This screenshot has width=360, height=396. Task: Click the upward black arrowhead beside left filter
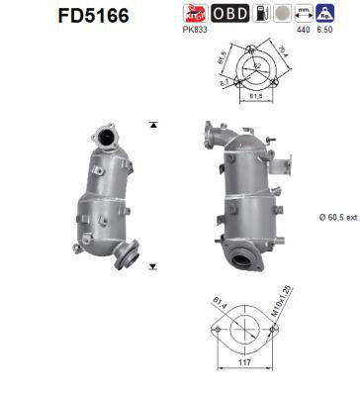pyautogui.click(x=152, y=126)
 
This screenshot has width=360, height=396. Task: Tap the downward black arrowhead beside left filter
pyautogui.click(x=152, y=266)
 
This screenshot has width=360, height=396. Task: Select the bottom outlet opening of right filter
pyautogui.click(x=244, y=258)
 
